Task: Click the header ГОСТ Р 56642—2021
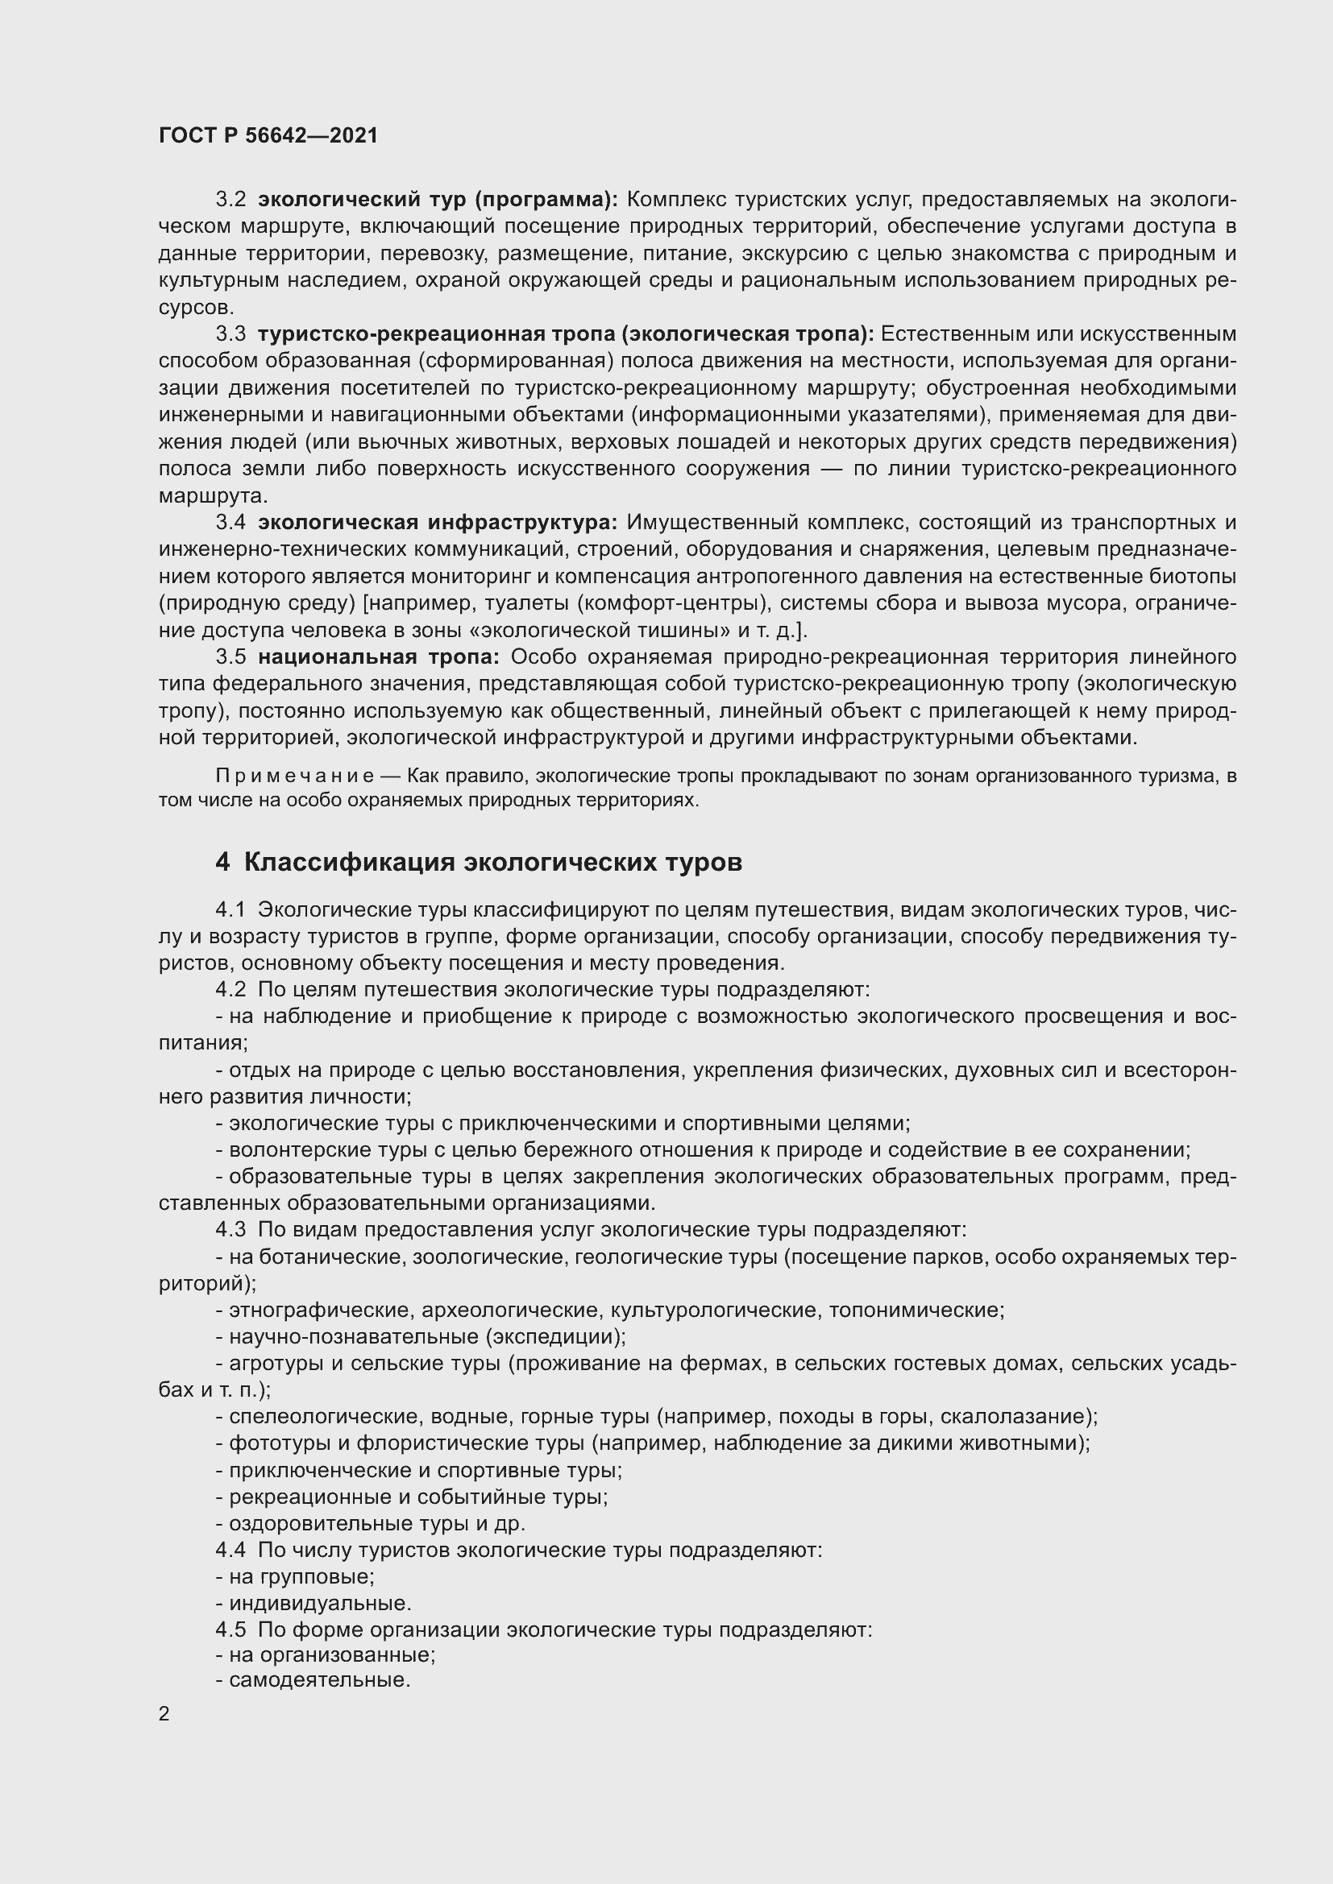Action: [268, 135]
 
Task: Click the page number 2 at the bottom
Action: [164, 1713]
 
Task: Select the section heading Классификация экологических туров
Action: [492, 862]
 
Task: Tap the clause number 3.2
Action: [230, 200]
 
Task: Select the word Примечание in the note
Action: [294, 776]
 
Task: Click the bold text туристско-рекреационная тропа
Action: [437, 334]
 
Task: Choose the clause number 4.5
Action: [230, 1629]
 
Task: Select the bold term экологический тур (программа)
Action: [438, 200]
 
